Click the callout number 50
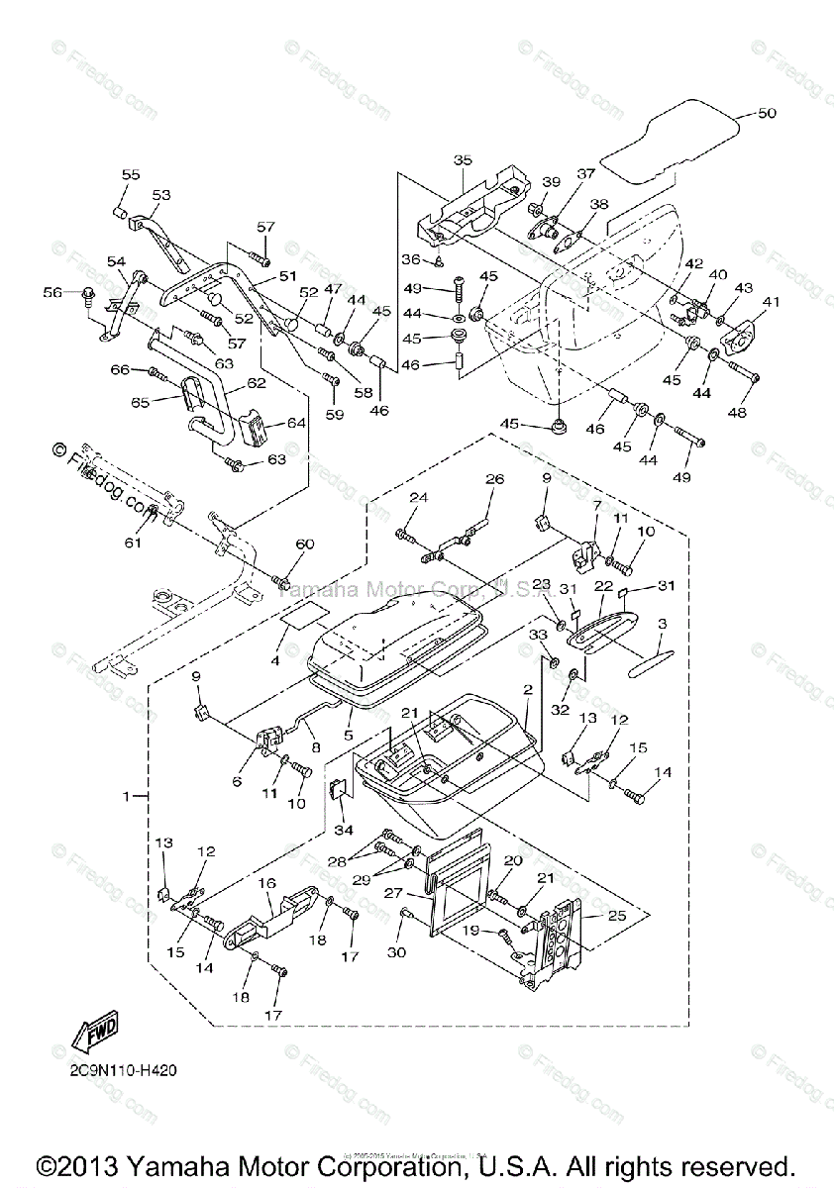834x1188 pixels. pos(767,113)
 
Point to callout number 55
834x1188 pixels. pos(131,174)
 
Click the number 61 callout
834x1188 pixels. pos(133,543)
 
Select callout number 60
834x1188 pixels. pos(305,544)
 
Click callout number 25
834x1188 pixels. pos(617,917)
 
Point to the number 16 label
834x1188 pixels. pos(266,881)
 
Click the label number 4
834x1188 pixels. pos(275,659)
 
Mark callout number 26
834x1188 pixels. pos(494,479)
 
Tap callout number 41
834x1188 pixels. pos(770,301)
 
